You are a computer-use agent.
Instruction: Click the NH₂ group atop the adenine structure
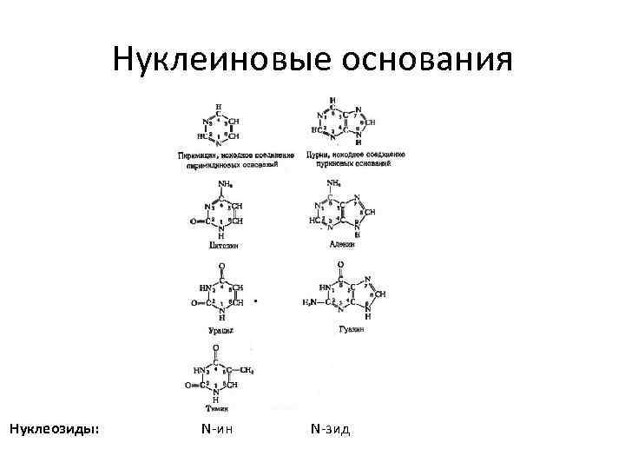[x=333, y=183]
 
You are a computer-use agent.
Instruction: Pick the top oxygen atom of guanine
[x=339, y=264]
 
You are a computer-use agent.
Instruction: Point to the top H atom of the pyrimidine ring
[x=217, y=106]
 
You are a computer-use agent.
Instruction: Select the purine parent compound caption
[x=356, y=159]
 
